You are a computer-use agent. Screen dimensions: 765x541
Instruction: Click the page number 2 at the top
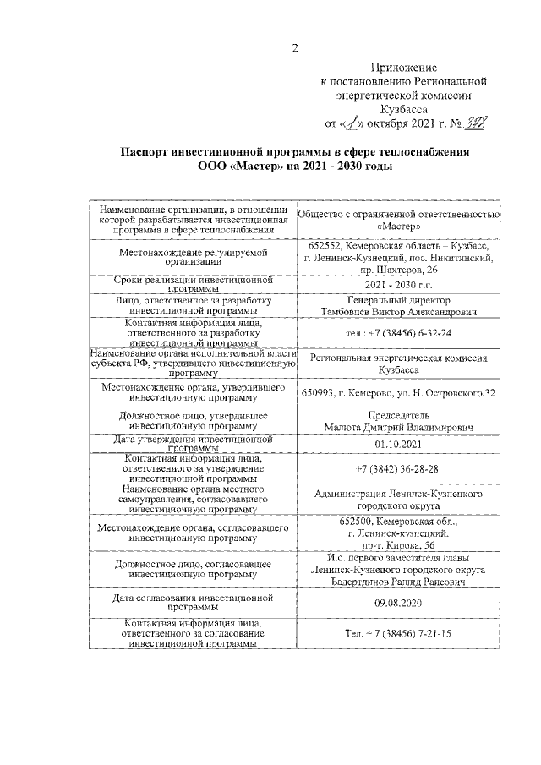click(295, 47)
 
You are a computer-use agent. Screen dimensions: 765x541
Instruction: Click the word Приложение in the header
click(404, 67)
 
